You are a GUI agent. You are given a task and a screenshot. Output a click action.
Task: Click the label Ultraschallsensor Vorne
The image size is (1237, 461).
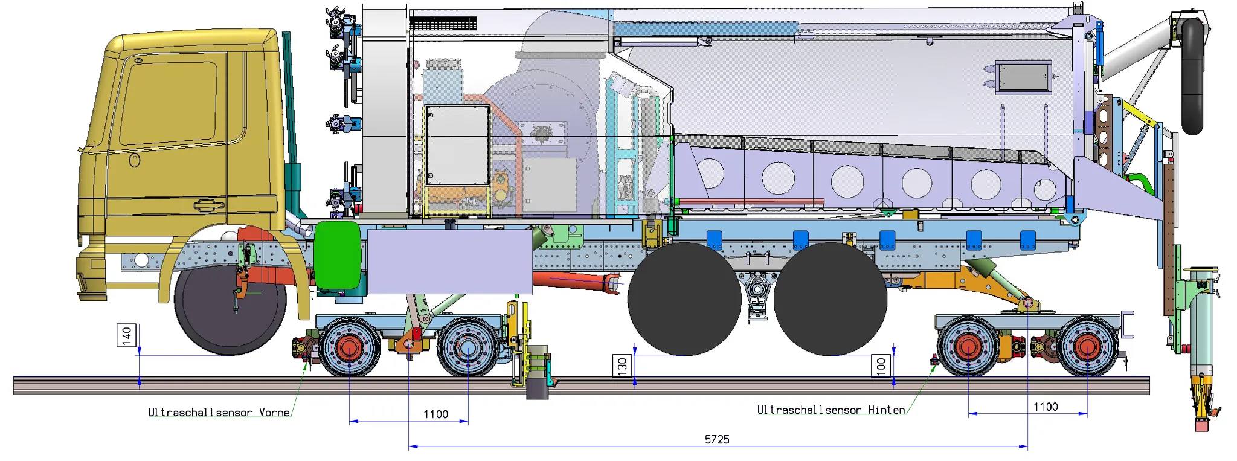pos(219,413)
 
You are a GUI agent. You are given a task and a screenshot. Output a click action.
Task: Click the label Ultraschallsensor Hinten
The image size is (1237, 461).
pos(831,410)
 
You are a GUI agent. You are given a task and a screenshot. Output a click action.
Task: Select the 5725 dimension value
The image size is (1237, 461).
pos(717,439)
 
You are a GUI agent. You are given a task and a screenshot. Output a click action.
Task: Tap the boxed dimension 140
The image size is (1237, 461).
pos(127,335)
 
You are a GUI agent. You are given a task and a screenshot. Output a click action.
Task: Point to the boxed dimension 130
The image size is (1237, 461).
pos(622,366)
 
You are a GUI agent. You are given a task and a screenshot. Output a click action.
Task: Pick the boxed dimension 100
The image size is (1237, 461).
pos(881,366)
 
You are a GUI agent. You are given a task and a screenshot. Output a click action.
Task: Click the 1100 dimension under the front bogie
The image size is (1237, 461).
pos(435,414)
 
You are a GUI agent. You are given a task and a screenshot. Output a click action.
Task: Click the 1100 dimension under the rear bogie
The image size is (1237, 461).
pos(1045,407)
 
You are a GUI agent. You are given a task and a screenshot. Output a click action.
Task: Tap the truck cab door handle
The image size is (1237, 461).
pos(208,205)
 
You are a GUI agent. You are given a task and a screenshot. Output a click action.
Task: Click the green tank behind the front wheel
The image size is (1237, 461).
pos(337,254)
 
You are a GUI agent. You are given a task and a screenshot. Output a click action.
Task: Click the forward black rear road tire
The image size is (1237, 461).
pos(684,299)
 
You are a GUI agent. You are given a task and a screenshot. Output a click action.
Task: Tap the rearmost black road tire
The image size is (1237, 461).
pos(830,299)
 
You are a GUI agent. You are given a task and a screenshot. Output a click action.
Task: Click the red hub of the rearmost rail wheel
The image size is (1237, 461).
pos(1087,347)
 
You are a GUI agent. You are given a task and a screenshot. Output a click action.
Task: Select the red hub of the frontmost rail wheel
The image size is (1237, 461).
pos(349,348)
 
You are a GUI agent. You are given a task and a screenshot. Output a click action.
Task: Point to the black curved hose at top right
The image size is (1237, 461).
pos(1192,73)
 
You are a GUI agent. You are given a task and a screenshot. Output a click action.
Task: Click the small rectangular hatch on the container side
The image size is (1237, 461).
pos(1023,77)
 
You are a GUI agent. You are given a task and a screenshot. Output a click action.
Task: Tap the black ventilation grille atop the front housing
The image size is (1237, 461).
pos(443,24)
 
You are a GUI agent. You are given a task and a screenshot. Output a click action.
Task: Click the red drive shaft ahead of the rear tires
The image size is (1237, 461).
pos(577,281)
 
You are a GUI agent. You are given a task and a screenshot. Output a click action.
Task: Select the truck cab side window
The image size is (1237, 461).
pos(169,103)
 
